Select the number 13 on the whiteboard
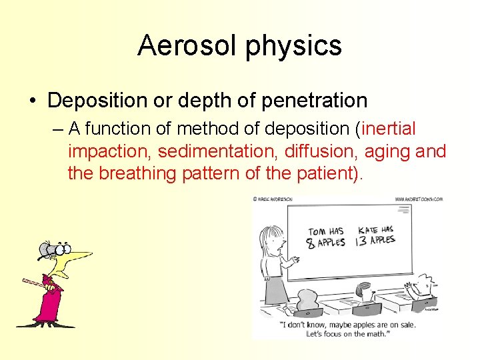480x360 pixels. [x=361, y=240]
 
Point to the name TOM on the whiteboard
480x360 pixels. [x=317, y=233]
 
